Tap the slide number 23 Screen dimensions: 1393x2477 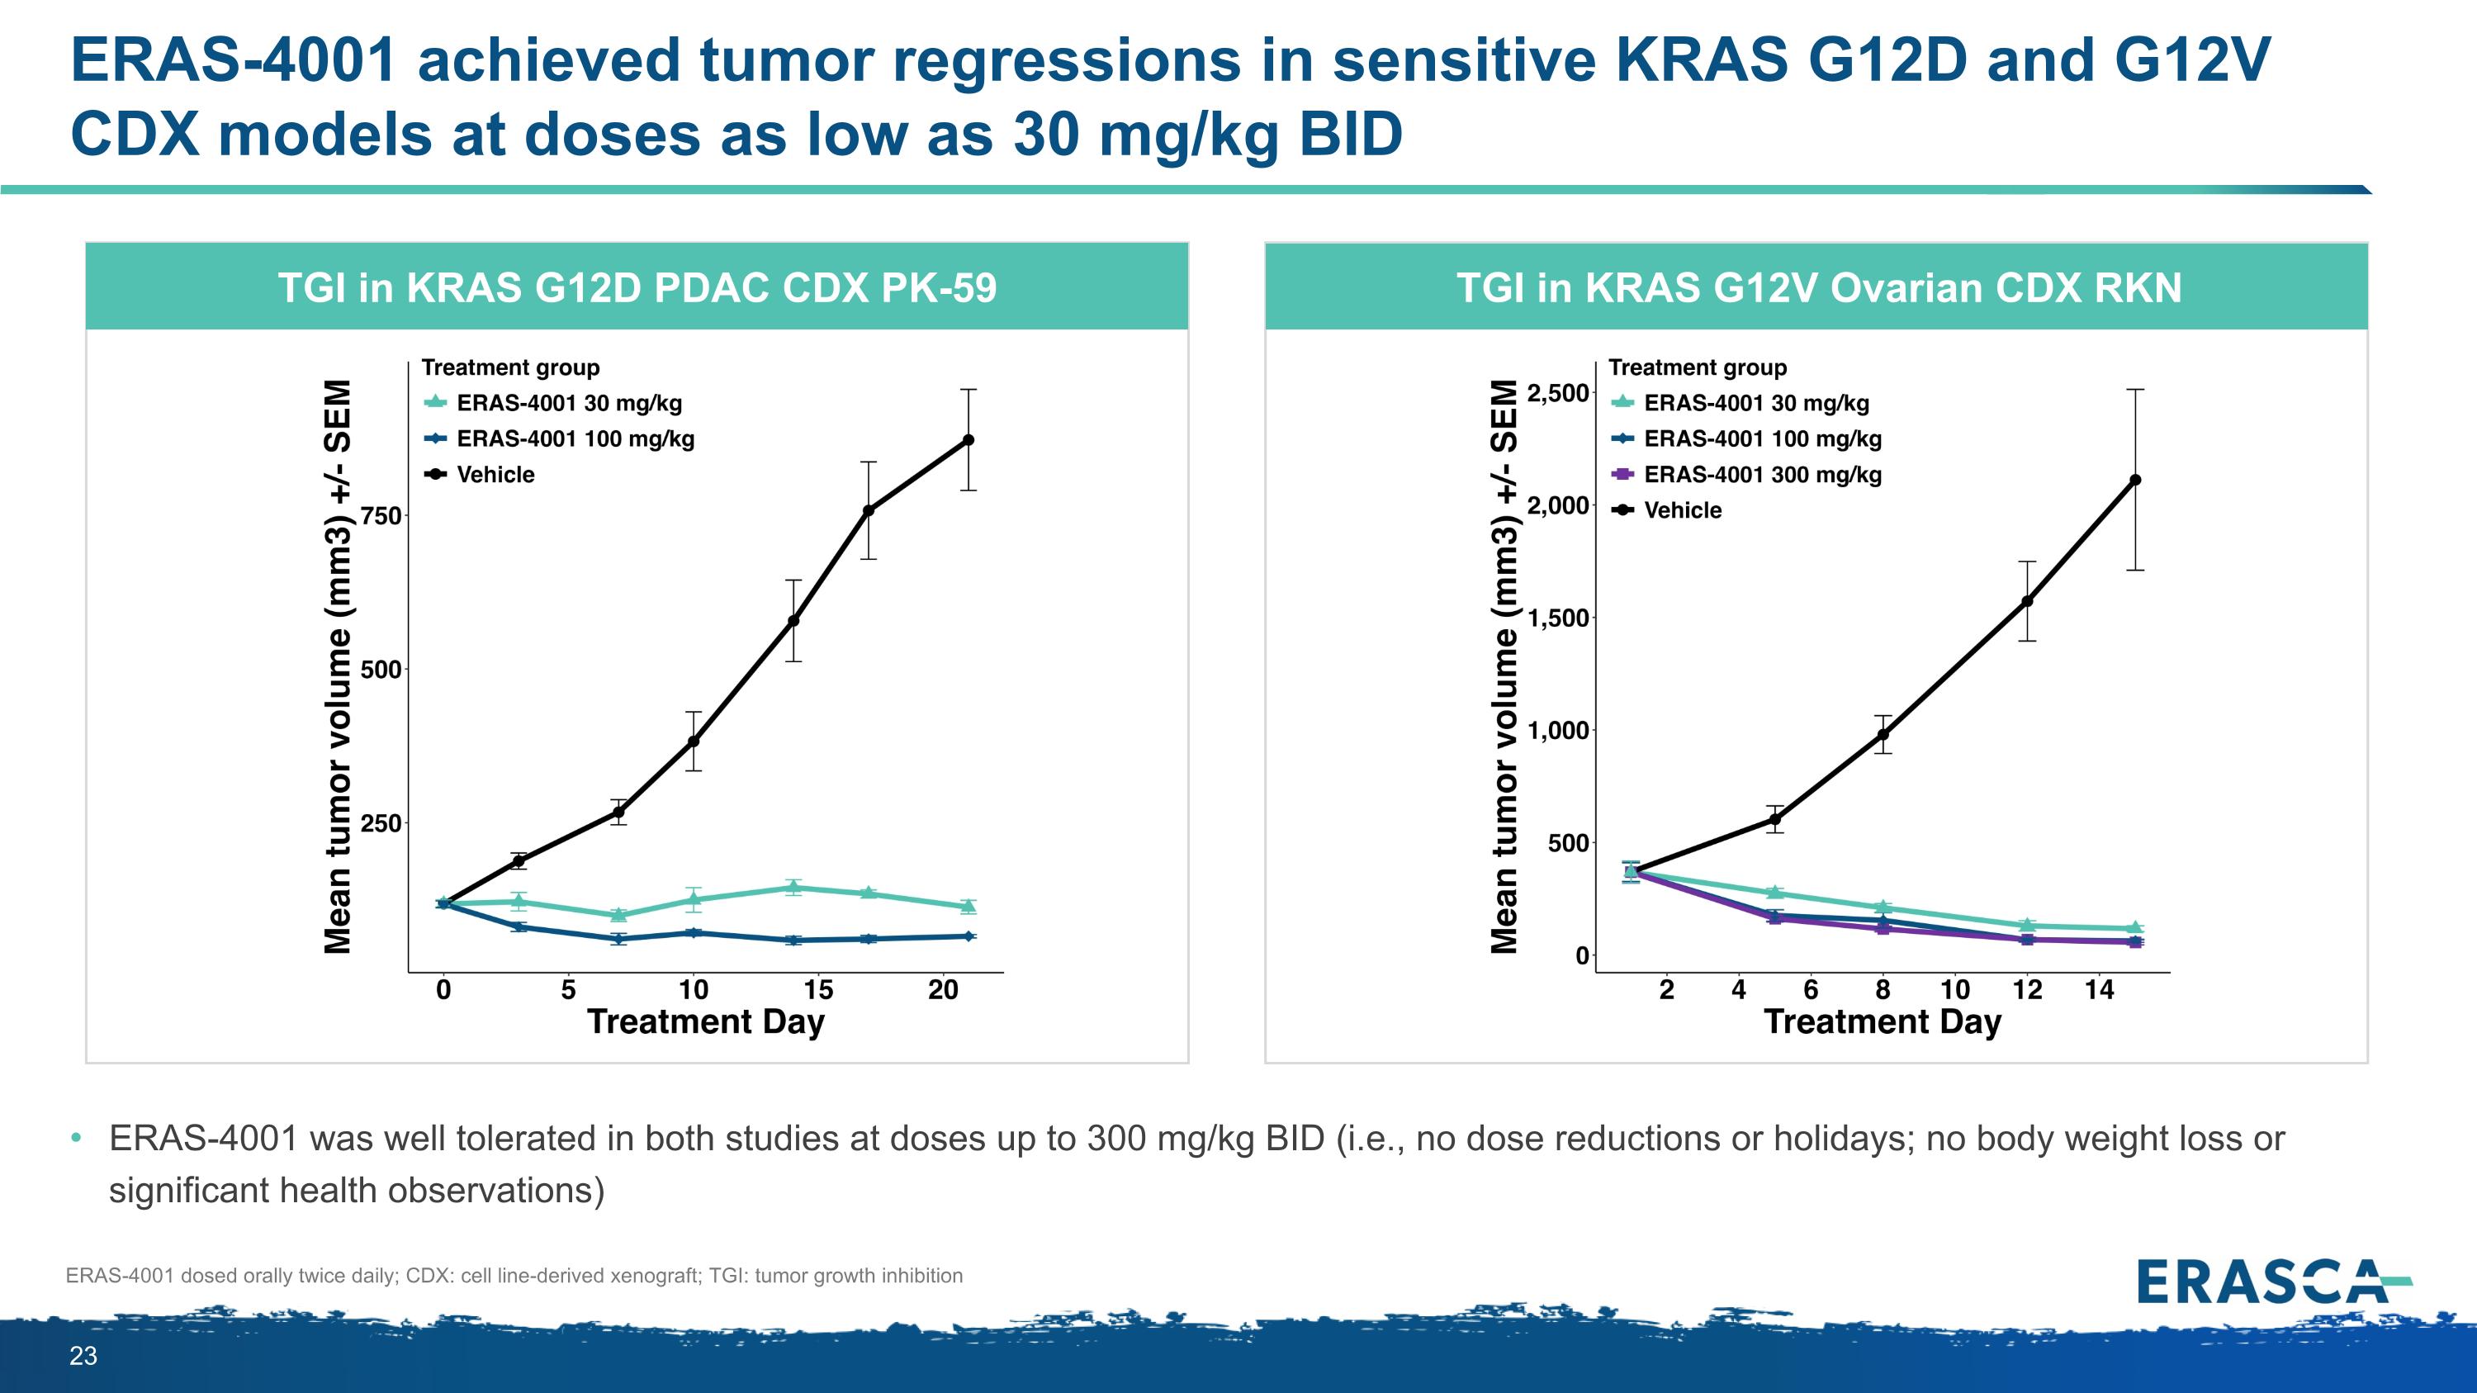point(83,1356)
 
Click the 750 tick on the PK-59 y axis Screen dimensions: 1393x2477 point(381,516)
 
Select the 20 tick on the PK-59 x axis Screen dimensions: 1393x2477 point(943,989)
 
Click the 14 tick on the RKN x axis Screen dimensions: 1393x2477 point(2099,989)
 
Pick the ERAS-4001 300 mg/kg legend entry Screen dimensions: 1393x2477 point(1762,474)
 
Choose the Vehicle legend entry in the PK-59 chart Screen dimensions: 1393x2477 point(495,474)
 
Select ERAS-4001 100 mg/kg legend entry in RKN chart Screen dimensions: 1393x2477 point(1762,438)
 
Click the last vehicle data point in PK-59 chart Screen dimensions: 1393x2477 point(969,440)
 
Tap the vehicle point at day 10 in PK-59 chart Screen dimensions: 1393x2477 point(694,742)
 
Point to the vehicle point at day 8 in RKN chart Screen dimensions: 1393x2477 point(1883,734)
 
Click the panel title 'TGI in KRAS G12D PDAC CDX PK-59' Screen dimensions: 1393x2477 point(637,287)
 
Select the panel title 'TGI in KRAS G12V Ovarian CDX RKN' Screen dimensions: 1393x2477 point(1818,287)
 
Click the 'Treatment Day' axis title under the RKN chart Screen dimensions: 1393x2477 point(1882,1021)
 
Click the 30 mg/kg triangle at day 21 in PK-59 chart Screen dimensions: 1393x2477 point(969,906)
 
